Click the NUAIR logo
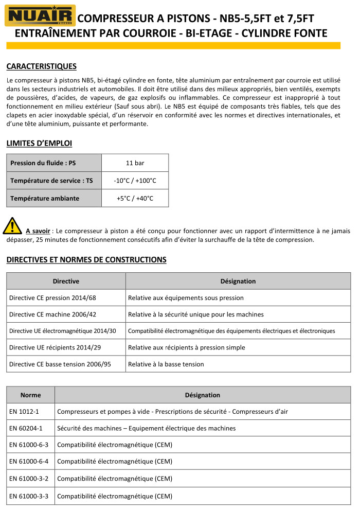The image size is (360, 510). coord(40,15)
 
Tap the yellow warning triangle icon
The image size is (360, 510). coord(12,226)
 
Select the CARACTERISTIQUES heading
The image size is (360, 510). coord(41,66)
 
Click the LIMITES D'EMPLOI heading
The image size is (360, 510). coord(39,143)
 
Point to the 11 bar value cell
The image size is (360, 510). coord(135,163)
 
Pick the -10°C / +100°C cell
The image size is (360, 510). coord(135,181)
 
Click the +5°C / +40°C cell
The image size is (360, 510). coord(135,198)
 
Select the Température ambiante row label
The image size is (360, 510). coord(45,198)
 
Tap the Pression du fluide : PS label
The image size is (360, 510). coord(43,163)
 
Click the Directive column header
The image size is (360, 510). coord(66,281)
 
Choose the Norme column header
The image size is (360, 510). coord(30,395)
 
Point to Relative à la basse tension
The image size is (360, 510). coord(166,364)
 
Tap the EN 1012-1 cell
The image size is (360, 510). coord(24,412)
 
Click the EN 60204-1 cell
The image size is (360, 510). coord(26,428)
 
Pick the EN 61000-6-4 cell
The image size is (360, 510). coord(29,462)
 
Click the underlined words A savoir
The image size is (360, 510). coord(38,231)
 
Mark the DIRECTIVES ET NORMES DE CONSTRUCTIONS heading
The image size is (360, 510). coord(86,260)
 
